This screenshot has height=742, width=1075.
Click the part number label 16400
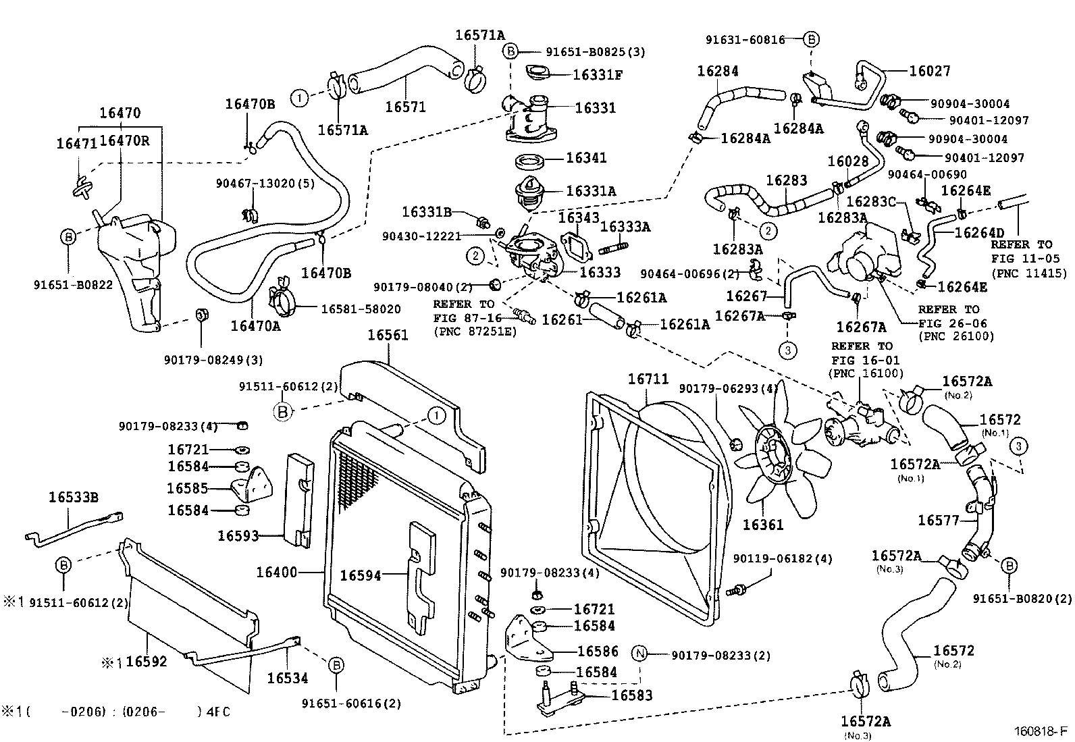(x=276, y=573)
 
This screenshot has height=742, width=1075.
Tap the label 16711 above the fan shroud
(x=648, y=379)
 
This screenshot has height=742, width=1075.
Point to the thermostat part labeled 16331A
(x=530, y=191)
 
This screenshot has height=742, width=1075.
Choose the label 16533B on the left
(x=74, y=498)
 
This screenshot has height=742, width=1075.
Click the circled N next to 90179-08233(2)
(x=639, y=654)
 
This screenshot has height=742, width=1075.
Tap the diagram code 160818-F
(x=1040, y=731)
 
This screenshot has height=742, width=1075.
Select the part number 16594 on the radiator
(x=361, y=575)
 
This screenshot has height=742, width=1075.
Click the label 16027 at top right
(x=930, y=71)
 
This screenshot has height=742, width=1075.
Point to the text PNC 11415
(x=1029, y=273)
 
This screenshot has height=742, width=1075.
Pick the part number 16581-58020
(x=361, y=309)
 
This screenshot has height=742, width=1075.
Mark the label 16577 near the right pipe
(x=937, y=520)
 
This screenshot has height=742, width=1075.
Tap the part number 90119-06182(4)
(x=783, y=559)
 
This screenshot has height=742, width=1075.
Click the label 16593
(x=238, y=535)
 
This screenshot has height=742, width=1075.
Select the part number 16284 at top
(x=718, y=71)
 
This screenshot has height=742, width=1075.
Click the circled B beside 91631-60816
(x=812, y=40)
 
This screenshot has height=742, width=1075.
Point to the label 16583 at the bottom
(x=633, y=695)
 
